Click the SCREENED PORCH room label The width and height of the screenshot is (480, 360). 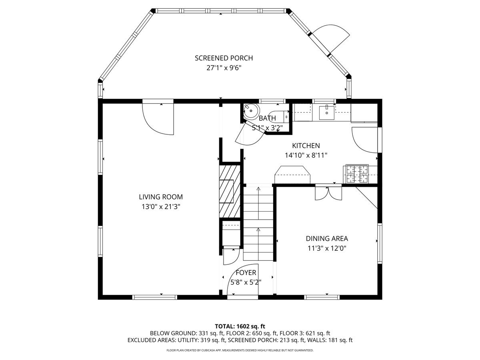224,58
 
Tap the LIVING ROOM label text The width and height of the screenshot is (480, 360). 161,197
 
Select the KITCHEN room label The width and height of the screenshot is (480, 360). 306,146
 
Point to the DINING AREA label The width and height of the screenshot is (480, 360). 327,238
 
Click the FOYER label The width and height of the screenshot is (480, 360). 246,272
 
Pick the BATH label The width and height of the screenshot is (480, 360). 267,118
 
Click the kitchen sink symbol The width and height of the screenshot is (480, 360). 327,112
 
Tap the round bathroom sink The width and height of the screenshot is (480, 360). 251,111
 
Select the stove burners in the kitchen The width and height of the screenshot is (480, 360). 356,174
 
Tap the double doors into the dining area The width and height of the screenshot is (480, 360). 328,193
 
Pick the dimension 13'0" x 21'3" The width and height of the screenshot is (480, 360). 161,206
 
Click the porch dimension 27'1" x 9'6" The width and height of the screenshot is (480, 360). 224,68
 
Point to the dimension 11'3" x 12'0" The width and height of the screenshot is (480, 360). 327,248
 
